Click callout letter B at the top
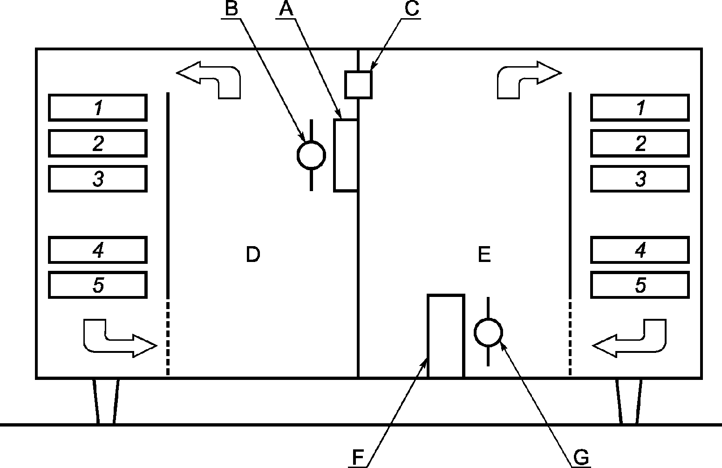(x=232, y=8)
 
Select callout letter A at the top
(x=286, y=8)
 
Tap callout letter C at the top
(x=412, y=8)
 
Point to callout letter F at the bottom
(x=358, y=457)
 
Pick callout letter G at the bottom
(x=581, y=457)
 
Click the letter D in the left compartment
(x=252, y=254)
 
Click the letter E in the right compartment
(x=484, y=254)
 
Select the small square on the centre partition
(x=358, y=84)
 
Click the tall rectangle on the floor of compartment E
(x=428, y=336)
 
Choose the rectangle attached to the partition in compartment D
(x=334, y=156)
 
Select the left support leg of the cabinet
(x=106, y=401)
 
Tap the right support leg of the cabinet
(x=629, y=401)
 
